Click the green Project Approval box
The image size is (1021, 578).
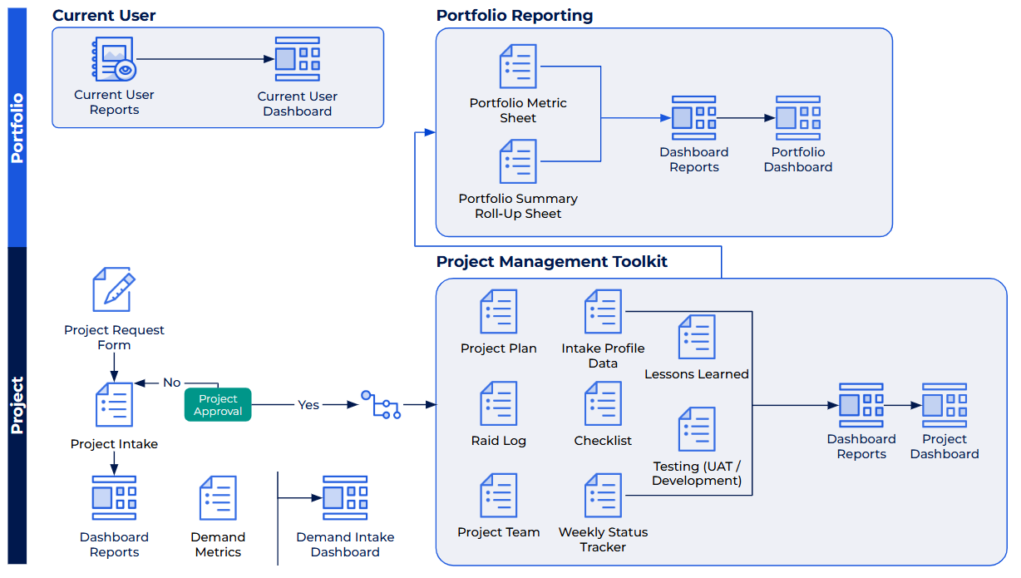pos(218,405)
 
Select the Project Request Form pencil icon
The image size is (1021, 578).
pos(113,289)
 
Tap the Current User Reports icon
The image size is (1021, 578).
pos(113,59)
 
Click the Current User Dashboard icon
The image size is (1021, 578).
pos(297,59)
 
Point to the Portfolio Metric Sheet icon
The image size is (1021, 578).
pos(518,67)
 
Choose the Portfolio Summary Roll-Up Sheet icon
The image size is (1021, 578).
pos(518,161)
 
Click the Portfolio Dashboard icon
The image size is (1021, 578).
pos(798,118)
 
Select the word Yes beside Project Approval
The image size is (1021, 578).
pos(308,405)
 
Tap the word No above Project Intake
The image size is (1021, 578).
pos(171,383)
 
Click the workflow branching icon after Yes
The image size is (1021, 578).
pos(382,404)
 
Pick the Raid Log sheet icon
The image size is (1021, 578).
pos(499,404)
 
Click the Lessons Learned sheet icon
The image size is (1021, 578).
pos(697,337)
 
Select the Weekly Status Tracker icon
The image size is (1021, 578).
pos(604,496)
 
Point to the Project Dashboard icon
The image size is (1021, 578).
pos(945,405)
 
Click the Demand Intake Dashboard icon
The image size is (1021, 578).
pos(345,498)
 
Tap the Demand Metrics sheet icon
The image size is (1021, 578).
pos(218,498)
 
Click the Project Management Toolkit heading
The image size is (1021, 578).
pos(552,262)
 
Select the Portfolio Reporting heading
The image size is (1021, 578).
pos(515,16)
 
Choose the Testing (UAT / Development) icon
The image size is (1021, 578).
pos(697,429)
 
